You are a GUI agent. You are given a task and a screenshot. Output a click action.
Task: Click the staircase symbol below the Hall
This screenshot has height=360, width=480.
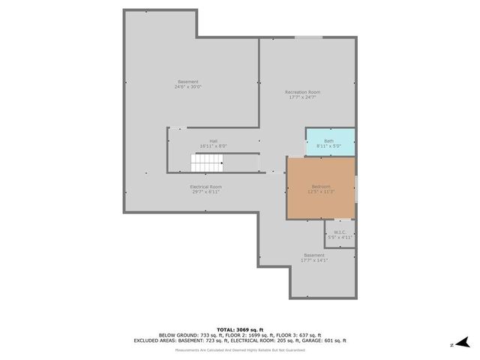(x=208, y=163)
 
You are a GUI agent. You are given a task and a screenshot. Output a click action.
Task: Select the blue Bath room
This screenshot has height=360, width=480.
(x=329, y=142)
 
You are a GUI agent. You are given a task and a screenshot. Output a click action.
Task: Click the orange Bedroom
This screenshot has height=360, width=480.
(x=320, y=187)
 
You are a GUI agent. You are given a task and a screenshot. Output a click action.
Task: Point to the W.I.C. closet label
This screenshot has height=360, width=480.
(x=338, y=232)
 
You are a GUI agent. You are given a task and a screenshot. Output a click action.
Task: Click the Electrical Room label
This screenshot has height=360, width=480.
(x=206, y=186)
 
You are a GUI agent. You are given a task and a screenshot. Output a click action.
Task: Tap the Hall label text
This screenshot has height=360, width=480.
(x=213, y=140)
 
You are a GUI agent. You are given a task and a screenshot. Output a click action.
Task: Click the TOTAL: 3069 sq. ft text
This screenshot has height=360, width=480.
(x=240, y=329)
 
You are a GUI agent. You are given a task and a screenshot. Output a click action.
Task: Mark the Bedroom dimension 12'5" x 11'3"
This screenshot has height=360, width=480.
(x=320, y=191)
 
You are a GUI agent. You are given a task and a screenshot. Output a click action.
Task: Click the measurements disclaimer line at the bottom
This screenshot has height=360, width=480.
(x=240, y=349)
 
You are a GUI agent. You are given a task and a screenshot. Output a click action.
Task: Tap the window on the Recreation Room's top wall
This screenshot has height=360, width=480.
(x=308, y=37)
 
